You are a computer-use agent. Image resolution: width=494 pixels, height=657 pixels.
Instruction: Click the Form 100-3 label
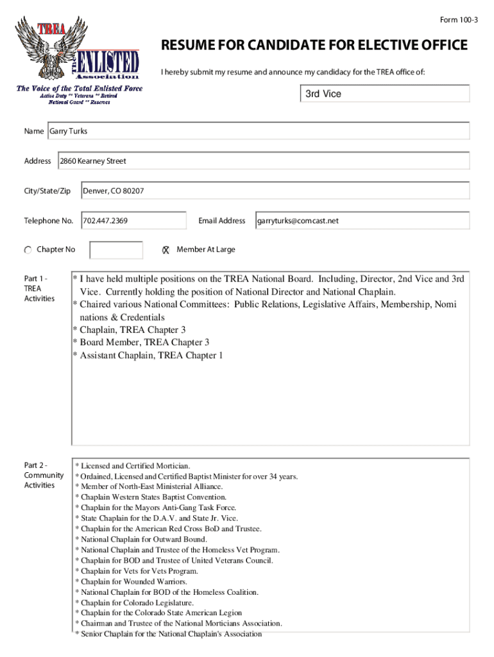coord(458,20)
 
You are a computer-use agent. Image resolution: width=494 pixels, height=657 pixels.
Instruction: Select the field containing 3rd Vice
coord(385,94)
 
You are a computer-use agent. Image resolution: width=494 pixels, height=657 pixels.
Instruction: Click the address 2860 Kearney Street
coord(93,161)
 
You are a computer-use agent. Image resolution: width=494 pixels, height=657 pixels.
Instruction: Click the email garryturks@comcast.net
coord(298,221)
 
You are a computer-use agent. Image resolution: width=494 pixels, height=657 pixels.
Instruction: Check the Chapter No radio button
coord(28,250)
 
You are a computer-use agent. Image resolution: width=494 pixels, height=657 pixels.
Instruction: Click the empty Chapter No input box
coord(116,250)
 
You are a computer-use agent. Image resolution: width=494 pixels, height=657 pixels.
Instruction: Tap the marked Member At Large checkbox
coord(165,250)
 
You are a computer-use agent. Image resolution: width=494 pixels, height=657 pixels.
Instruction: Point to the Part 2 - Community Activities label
coord(44,475)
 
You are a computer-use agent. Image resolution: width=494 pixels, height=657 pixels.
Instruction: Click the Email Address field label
coord(221,221)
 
